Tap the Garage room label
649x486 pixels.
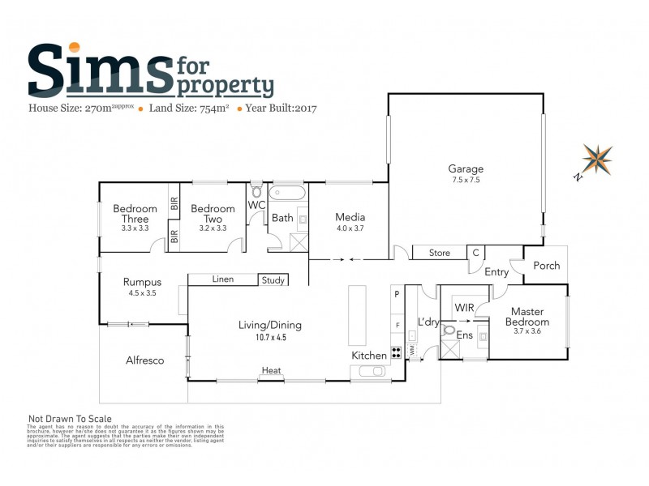pos(465,169)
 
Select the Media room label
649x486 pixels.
pos(350,217)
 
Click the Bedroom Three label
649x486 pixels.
pos(135,214)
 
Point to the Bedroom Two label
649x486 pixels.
pos(212,214)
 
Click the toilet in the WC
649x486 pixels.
pos(257,192)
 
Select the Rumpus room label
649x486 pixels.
pos(142,282)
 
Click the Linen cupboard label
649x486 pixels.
pos(222,279)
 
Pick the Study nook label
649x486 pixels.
pos(273,280)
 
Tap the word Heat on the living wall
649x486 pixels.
pos(271,371)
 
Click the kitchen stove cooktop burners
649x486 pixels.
pos(397,352)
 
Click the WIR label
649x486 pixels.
pos(465,309)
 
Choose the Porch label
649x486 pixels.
pos(546,266)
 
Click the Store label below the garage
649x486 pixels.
pos(439,254)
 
